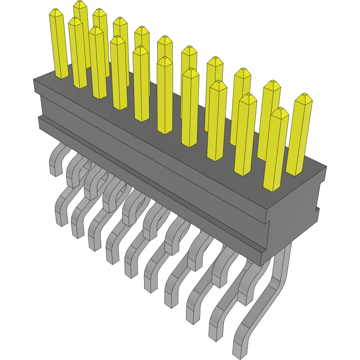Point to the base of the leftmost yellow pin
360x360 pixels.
(62, 75)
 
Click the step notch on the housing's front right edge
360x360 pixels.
(269, 222)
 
